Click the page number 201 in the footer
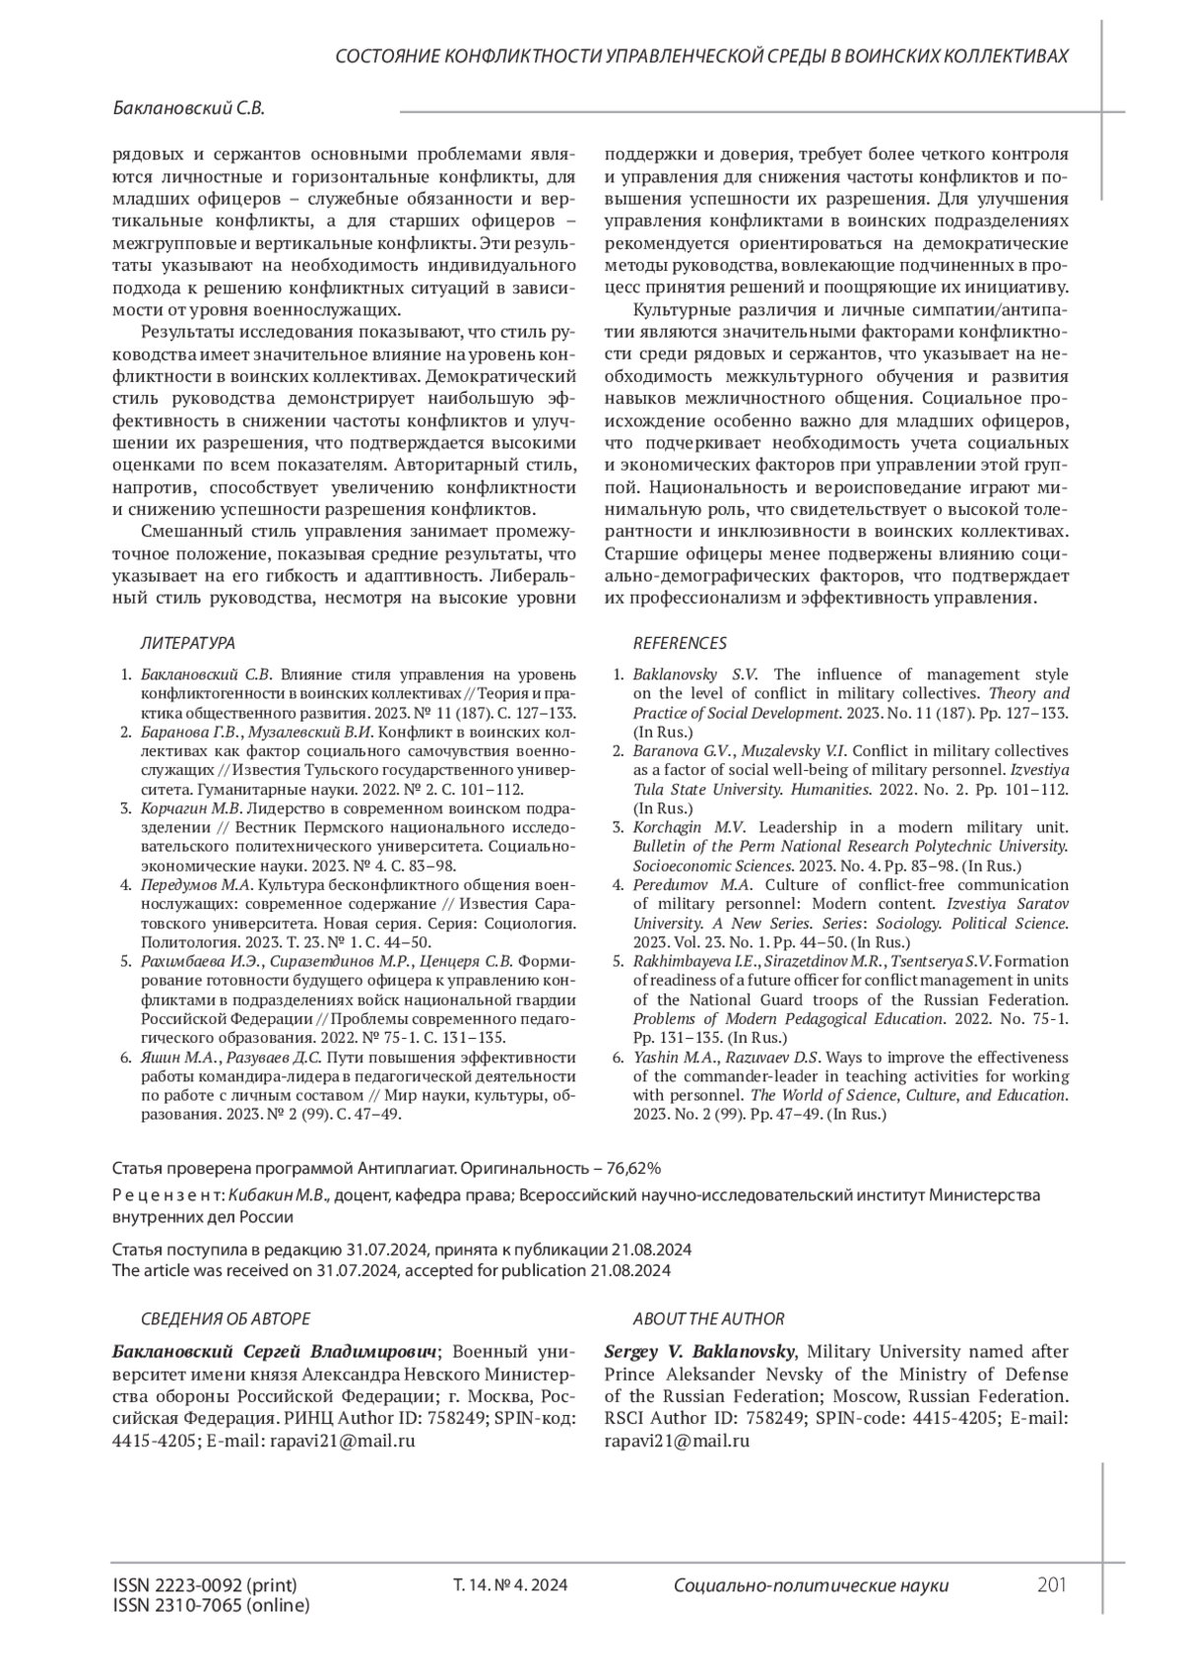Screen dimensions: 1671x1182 pyautogui.click(x=1052, y=1584)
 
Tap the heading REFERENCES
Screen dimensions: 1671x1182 pyautogui.click(x=679, y=643)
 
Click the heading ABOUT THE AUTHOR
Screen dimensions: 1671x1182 pyautogui.click(x=708, y=1318)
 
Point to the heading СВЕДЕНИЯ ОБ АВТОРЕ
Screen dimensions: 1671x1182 pyautogui.click(x=226, y=1318)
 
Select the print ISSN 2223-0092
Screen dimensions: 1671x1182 pyautogui.click(x=205, y=1585)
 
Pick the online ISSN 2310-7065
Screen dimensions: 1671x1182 pyautogui.click(x=211, y=1605)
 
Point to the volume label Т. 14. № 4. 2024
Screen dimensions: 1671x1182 pyautogui.click(x=509, y=1585)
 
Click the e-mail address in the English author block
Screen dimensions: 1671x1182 pyautogui.click(x=677, y=1440)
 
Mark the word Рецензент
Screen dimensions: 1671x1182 pyautogui.click(x=168, y=1194)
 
